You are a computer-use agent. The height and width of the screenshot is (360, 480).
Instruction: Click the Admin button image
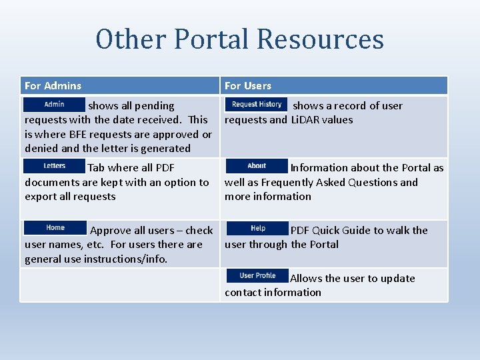tap(55, 105)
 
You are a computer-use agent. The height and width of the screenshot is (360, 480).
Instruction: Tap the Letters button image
tap(55, 166)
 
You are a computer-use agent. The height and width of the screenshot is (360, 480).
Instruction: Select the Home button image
tap(55, 228)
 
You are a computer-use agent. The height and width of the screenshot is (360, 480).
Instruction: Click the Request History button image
tap(257, 105)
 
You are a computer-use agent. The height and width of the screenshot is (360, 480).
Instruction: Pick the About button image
tap(257, 166)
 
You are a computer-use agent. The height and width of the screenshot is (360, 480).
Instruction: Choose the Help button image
tap(258, 229)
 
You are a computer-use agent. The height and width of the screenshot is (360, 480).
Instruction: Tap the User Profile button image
tap(257, 275)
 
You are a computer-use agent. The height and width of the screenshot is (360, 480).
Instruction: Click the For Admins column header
tap(53, 85)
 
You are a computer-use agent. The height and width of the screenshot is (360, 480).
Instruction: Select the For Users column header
tap(248, 85)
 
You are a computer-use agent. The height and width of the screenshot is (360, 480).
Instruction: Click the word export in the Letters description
tap(42, 197)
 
